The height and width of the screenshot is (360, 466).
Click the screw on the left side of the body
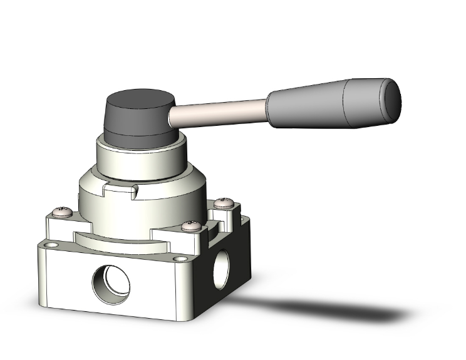click(61, 212)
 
